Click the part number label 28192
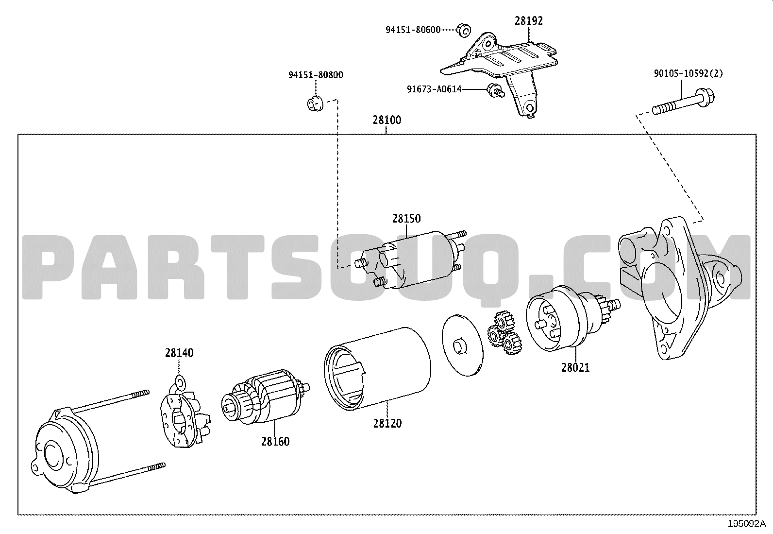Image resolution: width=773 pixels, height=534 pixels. click(529, 21)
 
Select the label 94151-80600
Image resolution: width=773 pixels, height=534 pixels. click(413, 30)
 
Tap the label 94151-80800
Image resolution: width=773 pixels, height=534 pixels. click(316, 75)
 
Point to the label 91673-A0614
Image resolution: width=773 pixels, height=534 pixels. click(434, 89)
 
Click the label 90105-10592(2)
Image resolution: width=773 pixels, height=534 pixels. click(688, 73)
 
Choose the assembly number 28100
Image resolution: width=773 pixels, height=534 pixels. click(387, 120)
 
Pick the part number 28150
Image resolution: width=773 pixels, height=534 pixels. click(406, 218)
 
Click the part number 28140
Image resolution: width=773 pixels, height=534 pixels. click(179, 353)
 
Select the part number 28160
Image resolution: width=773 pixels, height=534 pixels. click(275, 441)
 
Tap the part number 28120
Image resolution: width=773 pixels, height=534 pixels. click(387, 424)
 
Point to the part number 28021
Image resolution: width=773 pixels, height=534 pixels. click(575, 367)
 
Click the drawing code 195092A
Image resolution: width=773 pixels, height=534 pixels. click(747, 524)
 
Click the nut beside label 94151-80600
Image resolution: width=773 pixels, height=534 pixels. click(464, 30)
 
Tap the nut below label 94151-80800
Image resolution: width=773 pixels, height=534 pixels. click(316, 103)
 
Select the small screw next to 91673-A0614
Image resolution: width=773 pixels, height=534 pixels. click(496, 90)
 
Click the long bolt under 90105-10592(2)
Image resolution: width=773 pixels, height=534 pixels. click(683, 101)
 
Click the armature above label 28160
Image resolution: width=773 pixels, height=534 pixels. click(266, 397)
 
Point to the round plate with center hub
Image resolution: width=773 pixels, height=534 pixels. click(462, 345)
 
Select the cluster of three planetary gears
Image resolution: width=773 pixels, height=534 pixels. click(504, 332)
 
